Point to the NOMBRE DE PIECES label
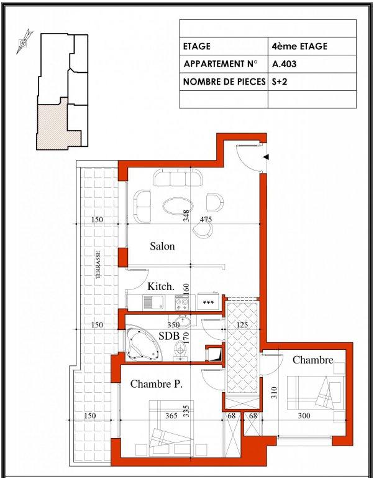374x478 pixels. click(224, 82)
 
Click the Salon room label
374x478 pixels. click(162, 246)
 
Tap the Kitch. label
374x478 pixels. click(161, 286)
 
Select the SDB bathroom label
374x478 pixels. click(169, 335)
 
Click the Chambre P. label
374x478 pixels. click(157, 384)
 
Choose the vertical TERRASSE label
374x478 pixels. click(98, 265)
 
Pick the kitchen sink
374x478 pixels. click(153, 302)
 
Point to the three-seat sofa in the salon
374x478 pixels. click(178, 177)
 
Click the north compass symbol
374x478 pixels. click(24, 42)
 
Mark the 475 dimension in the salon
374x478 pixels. click(206, 219)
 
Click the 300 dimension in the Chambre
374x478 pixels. click(304, 415)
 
